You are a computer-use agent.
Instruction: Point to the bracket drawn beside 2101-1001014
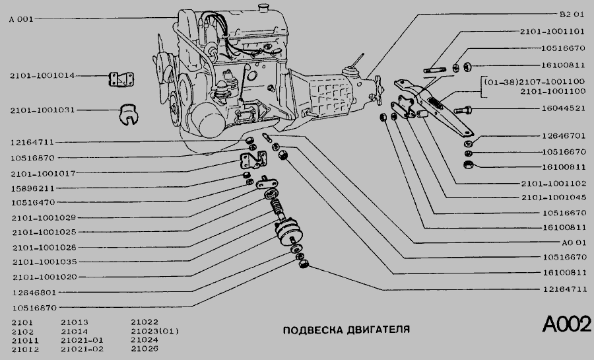point(118,79)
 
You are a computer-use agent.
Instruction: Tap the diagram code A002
point(566,325)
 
